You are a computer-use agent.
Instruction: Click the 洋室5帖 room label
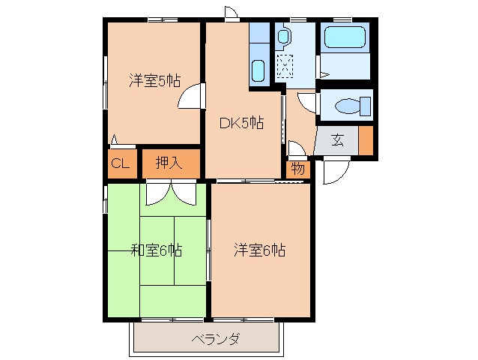pyautogui.click(x=155, y=80)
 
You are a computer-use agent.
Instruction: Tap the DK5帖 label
pyautogui.click(x=242, y=123)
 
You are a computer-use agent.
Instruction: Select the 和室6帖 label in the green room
pyautogui.click(x=157, y=250)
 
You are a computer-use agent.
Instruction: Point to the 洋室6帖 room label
pyautogui.click(x=260, y=250)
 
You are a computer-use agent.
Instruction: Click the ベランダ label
pyautogui.click(x=216, y=339)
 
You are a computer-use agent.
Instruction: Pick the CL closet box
pyautogui.click(x=122, y=163)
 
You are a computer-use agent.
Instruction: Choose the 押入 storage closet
pyautogui.click(x=171, y=163)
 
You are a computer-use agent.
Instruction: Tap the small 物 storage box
pyautogui.click(x=298, y=169)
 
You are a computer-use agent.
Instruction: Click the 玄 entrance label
pyautogui.click(x=338, y=140)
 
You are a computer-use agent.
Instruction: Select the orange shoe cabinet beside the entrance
pyautogui.click(x=366, y=140)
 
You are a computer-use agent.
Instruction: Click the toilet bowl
pyautogui.click(x=353, y=106)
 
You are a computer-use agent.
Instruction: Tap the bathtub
pyautogui.click(x=345, y=37)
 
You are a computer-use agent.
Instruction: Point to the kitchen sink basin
pyautogui.click(x=258, y=70)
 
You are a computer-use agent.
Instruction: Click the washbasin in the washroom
pyautogui.click(x=283, y=36)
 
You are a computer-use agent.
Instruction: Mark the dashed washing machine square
pyautogui.click(x=285, y=66)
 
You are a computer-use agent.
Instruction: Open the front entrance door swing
pyautogui.click(x=336, y=171)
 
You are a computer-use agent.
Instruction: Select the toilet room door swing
pyautogui.click(x=307, y=103)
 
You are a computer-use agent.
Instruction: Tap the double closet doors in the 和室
pyautogui.click(x=171, y=193)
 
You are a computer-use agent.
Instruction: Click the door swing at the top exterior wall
pyautogui.click(x=231, y=13)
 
